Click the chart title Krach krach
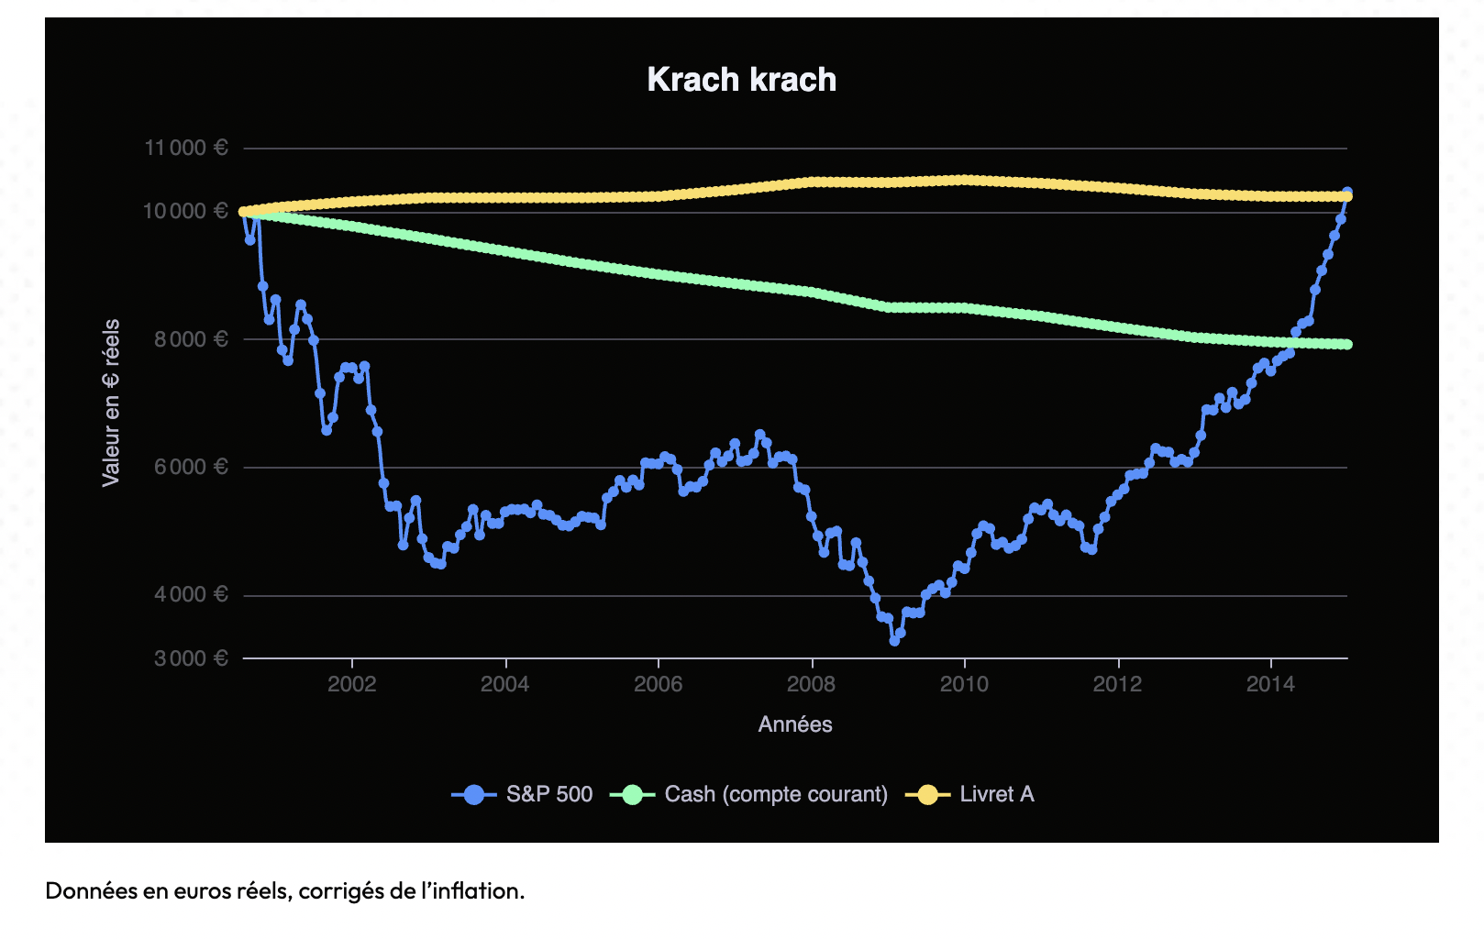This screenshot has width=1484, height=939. point(741,80)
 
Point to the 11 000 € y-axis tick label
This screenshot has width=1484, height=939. point(186,148)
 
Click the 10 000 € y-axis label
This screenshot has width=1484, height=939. point(185,211)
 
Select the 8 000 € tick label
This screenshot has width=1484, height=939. point(191,339)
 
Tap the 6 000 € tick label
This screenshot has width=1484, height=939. point(191,467)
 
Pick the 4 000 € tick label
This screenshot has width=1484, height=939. point(191,594)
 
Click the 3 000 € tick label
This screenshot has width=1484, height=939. point(191,658)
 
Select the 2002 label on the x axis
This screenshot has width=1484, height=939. point(352,684)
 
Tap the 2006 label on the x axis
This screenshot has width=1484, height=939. point(659,684)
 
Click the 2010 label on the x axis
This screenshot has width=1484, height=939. point(964,684)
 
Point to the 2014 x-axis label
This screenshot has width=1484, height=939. point(1270,684)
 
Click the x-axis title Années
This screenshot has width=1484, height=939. point(795,724)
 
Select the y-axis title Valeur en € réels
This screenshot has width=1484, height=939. point(111,403)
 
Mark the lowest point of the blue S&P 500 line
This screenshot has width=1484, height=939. point(894,641)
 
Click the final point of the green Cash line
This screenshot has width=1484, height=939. point(1347,345)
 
